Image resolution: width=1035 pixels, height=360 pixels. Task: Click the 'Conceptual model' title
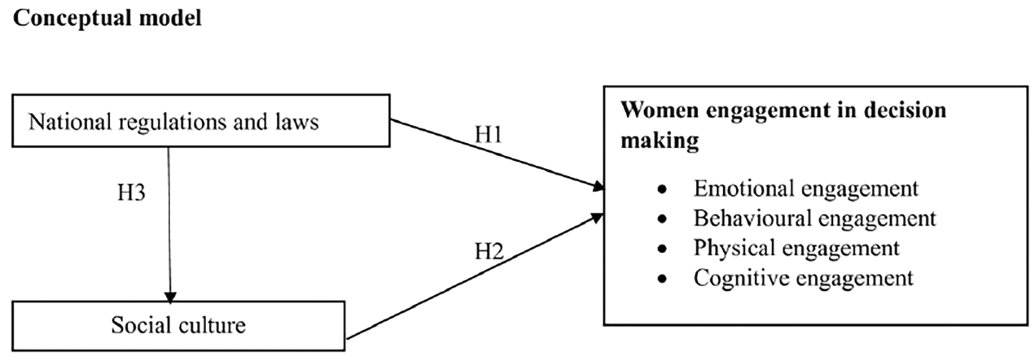[x=107, y=18]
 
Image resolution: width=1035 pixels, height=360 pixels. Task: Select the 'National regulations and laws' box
[x=201, y=121]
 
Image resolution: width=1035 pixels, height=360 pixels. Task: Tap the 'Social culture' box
[x=178, y=325]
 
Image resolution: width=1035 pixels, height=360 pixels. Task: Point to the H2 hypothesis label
[x=488, y=251]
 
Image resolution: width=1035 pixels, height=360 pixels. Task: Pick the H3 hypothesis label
[x=131, y=193]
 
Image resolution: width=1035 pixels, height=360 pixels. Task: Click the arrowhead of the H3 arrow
[x=170, y=297]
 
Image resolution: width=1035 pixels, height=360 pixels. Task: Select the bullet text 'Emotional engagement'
[x=805, y=188]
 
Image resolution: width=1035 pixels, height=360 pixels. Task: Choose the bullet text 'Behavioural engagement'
[x=815, y=218]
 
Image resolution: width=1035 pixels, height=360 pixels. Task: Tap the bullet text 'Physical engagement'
[x=796, y=248]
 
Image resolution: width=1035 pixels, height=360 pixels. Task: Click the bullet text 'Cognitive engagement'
[x=803, y=278]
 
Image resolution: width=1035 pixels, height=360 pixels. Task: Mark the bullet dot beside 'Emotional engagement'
[x=663, y=190]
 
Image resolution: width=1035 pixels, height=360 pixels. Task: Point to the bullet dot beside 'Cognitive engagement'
[x=663, y=279]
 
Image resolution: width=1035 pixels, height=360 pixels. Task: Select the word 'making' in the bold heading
[x=659, y=140]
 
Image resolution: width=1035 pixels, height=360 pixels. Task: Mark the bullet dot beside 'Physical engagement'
[x=663, y=249]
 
